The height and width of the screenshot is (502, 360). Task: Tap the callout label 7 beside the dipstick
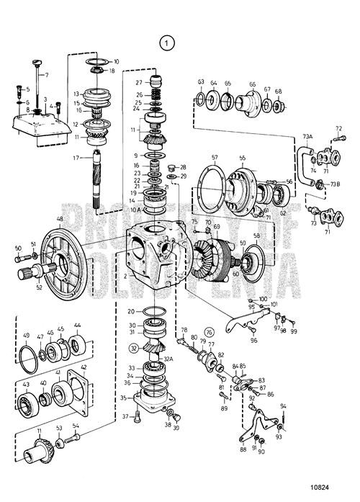[47, 75]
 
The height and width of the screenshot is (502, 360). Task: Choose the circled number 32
[133, 347]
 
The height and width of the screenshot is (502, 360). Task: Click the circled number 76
[210, 332]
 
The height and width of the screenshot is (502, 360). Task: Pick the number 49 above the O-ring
[27, 336]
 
